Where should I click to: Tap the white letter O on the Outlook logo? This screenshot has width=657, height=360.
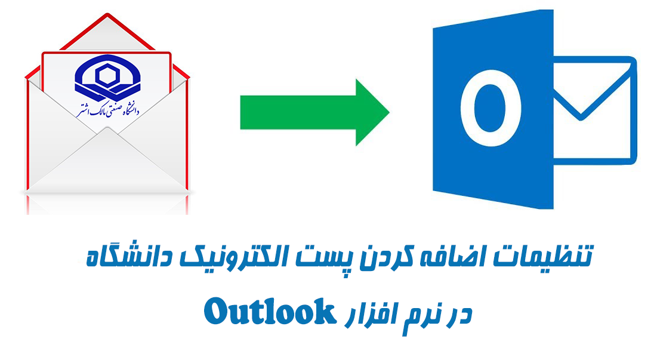[491, 108]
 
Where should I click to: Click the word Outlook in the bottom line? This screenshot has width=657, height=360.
[270, 312]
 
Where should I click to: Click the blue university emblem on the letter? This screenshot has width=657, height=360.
[107, 79]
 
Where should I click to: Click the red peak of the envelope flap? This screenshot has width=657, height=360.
[107, 15]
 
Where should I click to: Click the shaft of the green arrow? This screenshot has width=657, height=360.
[298, 112]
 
